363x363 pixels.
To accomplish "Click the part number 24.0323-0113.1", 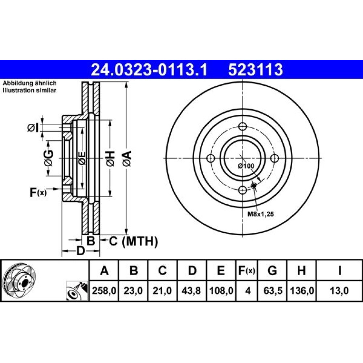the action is [149, 70].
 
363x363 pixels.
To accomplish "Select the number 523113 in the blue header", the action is [255, 70].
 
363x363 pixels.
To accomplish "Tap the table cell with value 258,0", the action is [104, 290].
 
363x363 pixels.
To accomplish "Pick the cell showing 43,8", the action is [192, 290].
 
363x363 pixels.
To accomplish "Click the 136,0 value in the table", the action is [302, 290].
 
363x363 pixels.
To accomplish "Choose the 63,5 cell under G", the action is [273, 290].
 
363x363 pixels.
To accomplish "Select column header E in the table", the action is [221, 270].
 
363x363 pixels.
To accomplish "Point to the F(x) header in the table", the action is [247, 270].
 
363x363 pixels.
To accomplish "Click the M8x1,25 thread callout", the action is [261, 214].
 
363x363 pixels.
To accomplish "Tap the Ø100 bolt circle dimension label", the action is [246, 166].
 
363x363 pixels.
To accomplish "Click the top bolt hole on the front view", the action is [242, 127].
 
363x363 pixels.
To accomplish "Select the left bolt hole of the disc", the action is [211, 158].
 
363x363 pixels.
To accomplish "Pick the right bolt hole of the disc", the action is [274, 158].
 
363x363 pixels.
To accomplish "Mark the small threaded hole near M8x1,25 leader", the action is [254, 185].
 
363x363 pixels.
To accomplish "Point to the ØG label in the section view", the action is [49, 158].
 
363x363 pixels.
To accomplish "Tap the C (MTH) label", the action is [134, 241].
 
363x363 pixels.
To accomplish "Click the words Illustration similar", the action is [29, 90].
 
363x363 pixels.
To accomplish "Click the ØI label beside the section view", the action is [33, 128].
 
